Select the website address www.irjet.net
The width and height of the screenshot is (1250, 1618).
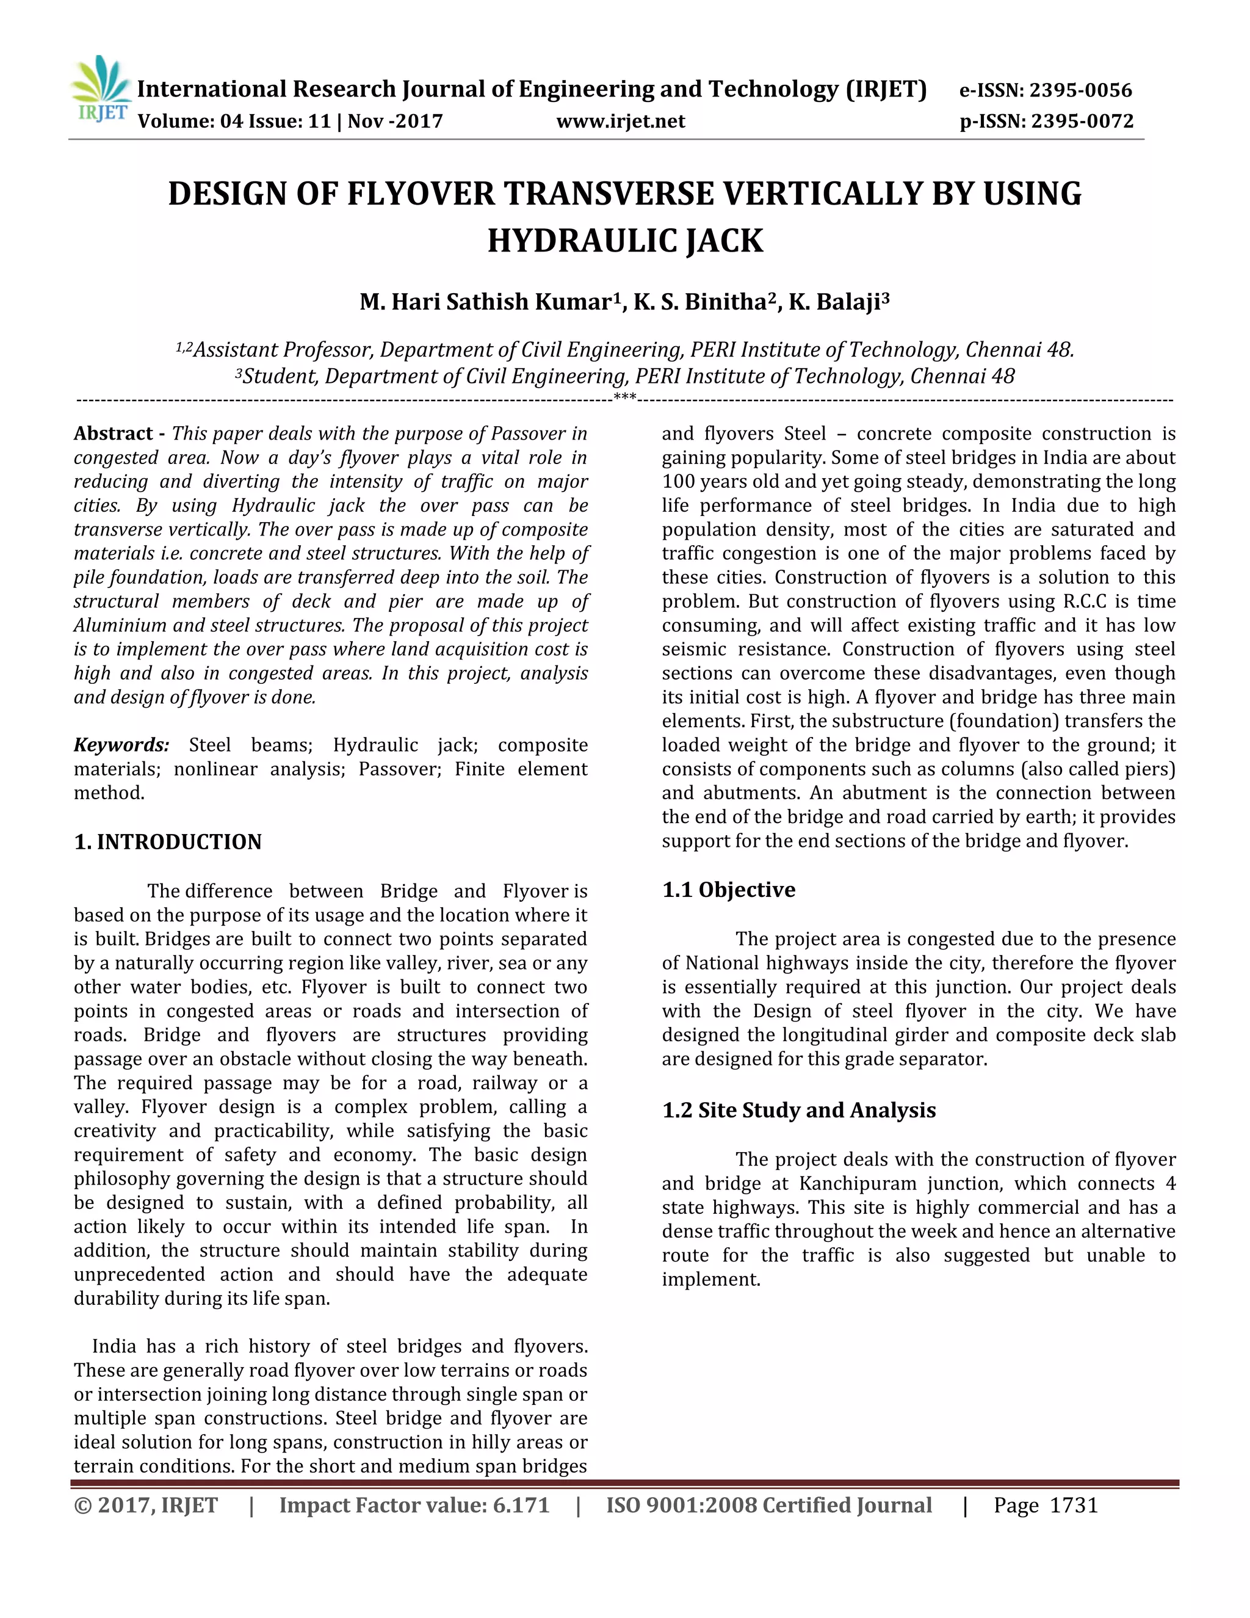click(621, 121)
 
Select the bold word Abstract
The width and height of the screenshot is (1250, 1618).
click(112, 434)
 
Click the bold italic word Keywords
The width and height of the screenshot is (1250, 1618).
click(121, 744)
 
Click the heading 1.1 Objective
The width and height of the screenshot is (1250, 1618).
click(729, 889)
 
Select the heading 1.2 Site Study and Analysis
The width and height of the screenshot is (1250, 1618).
click(798, 1110)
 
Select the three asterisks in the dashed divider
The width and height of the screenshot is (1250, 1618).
click(624, 399)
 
